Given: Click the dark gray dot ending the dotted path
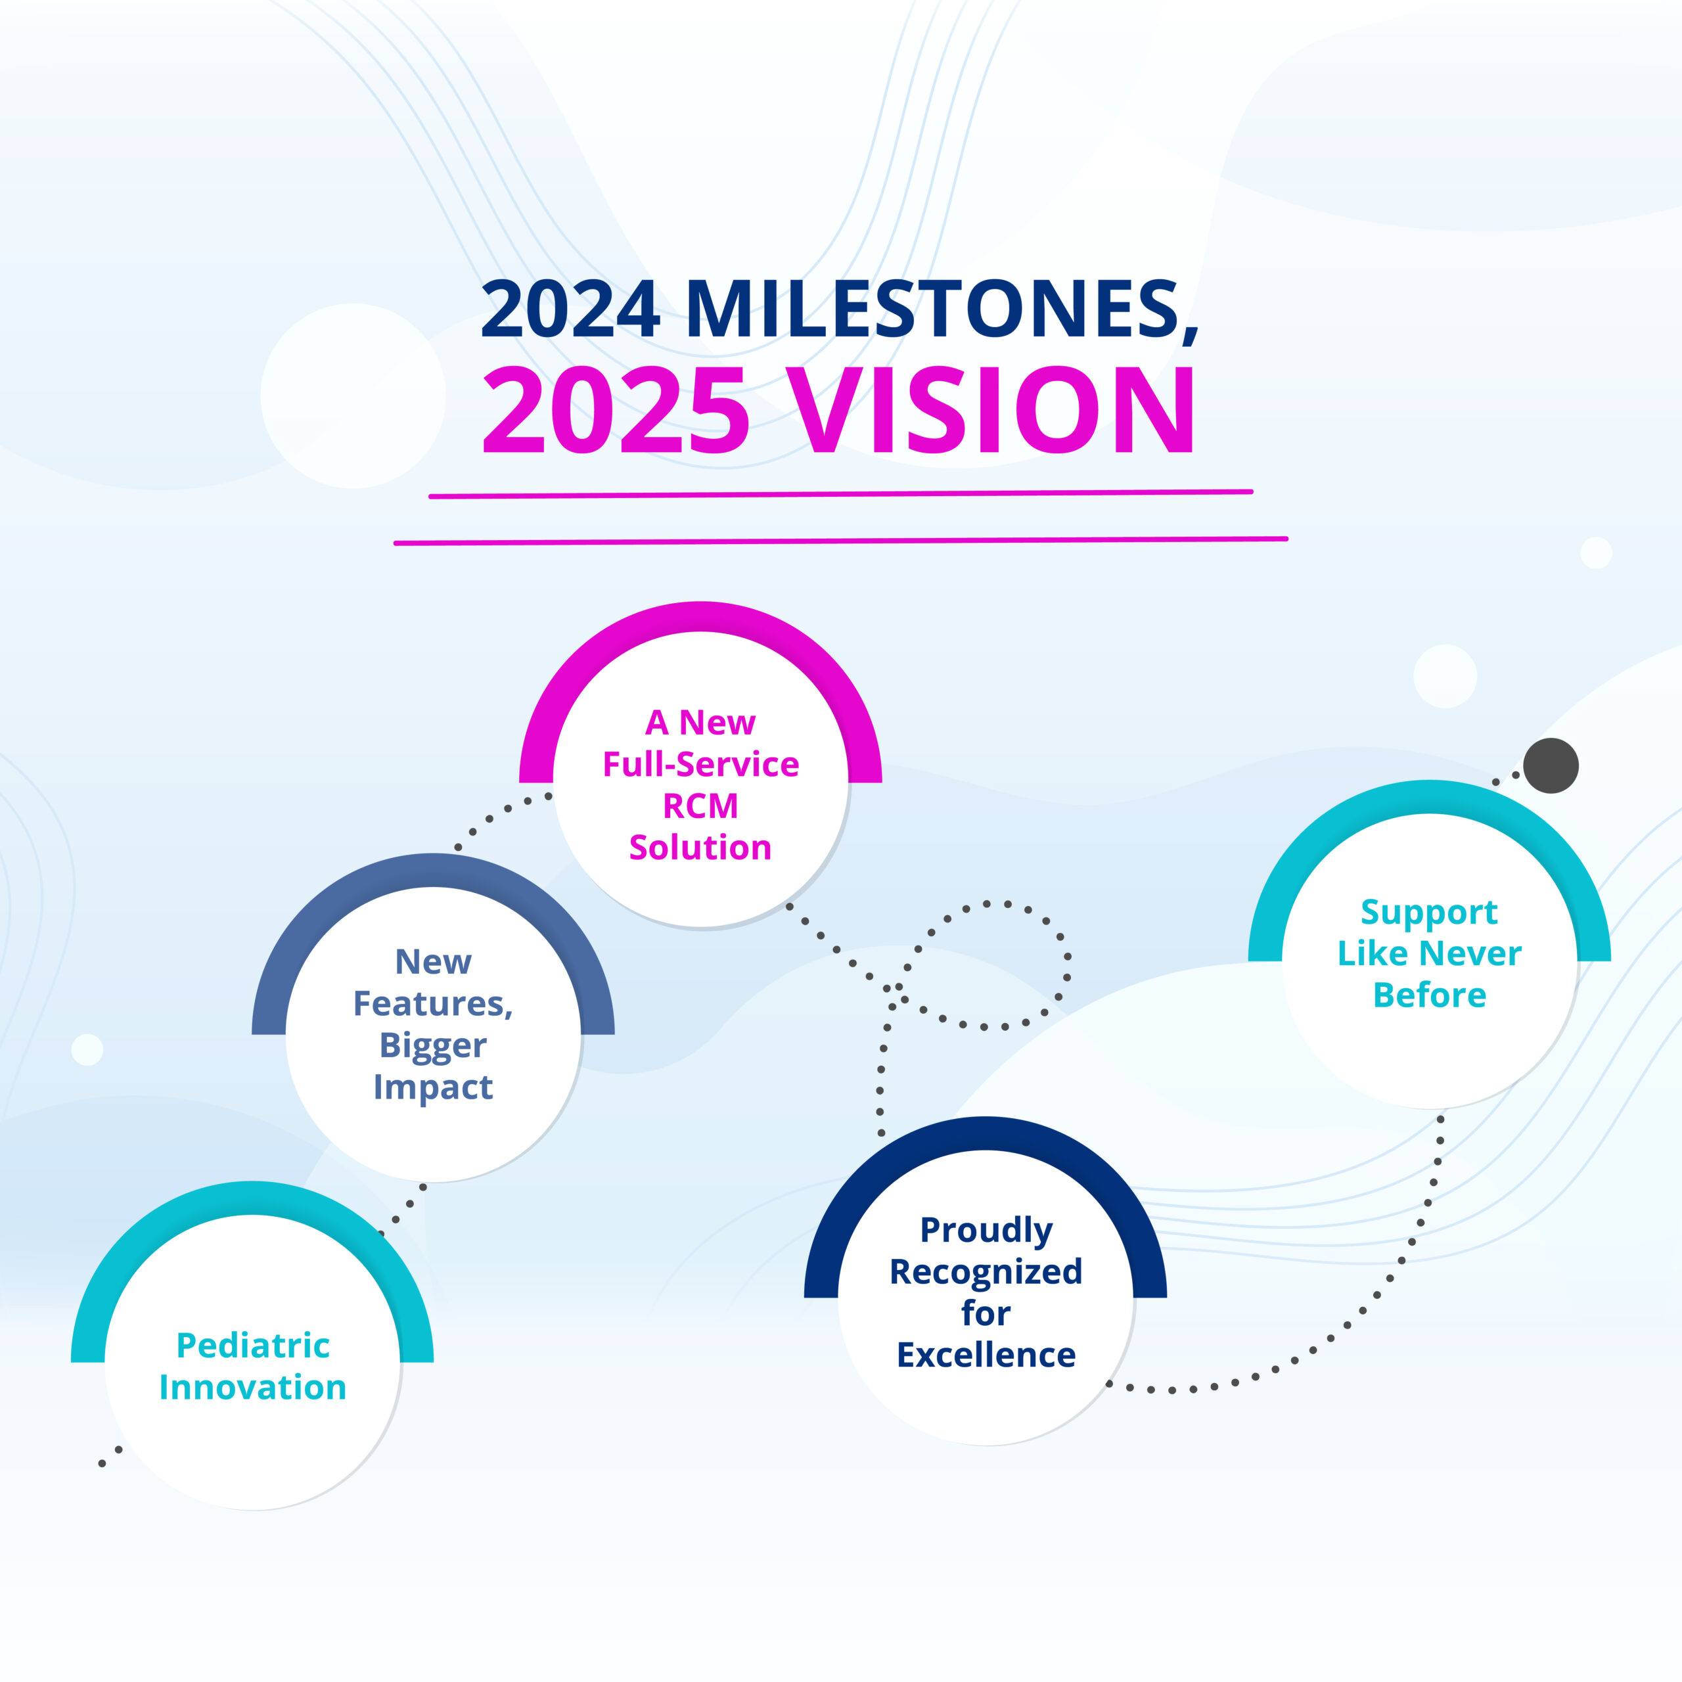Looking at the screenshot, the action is point(1551,766).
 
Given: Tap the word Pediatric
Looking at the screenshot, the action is point(254,1345).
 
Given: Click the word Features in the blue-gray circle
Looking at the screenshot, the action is point(433,1004).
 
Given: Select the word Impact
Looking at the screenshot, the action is point(433,1087).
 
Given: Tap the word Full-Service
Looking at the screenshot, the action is point(701,764).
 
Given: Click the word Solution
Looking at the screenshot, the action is point(701,847).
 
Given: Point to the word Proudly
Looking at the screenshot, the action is point(986,1230).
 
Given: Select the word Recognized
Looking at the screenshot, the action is point(986,1271).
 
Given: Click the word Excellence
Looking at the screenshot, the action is point(986,1355).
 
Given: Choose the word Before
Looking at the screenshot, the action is point(1430,995).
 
